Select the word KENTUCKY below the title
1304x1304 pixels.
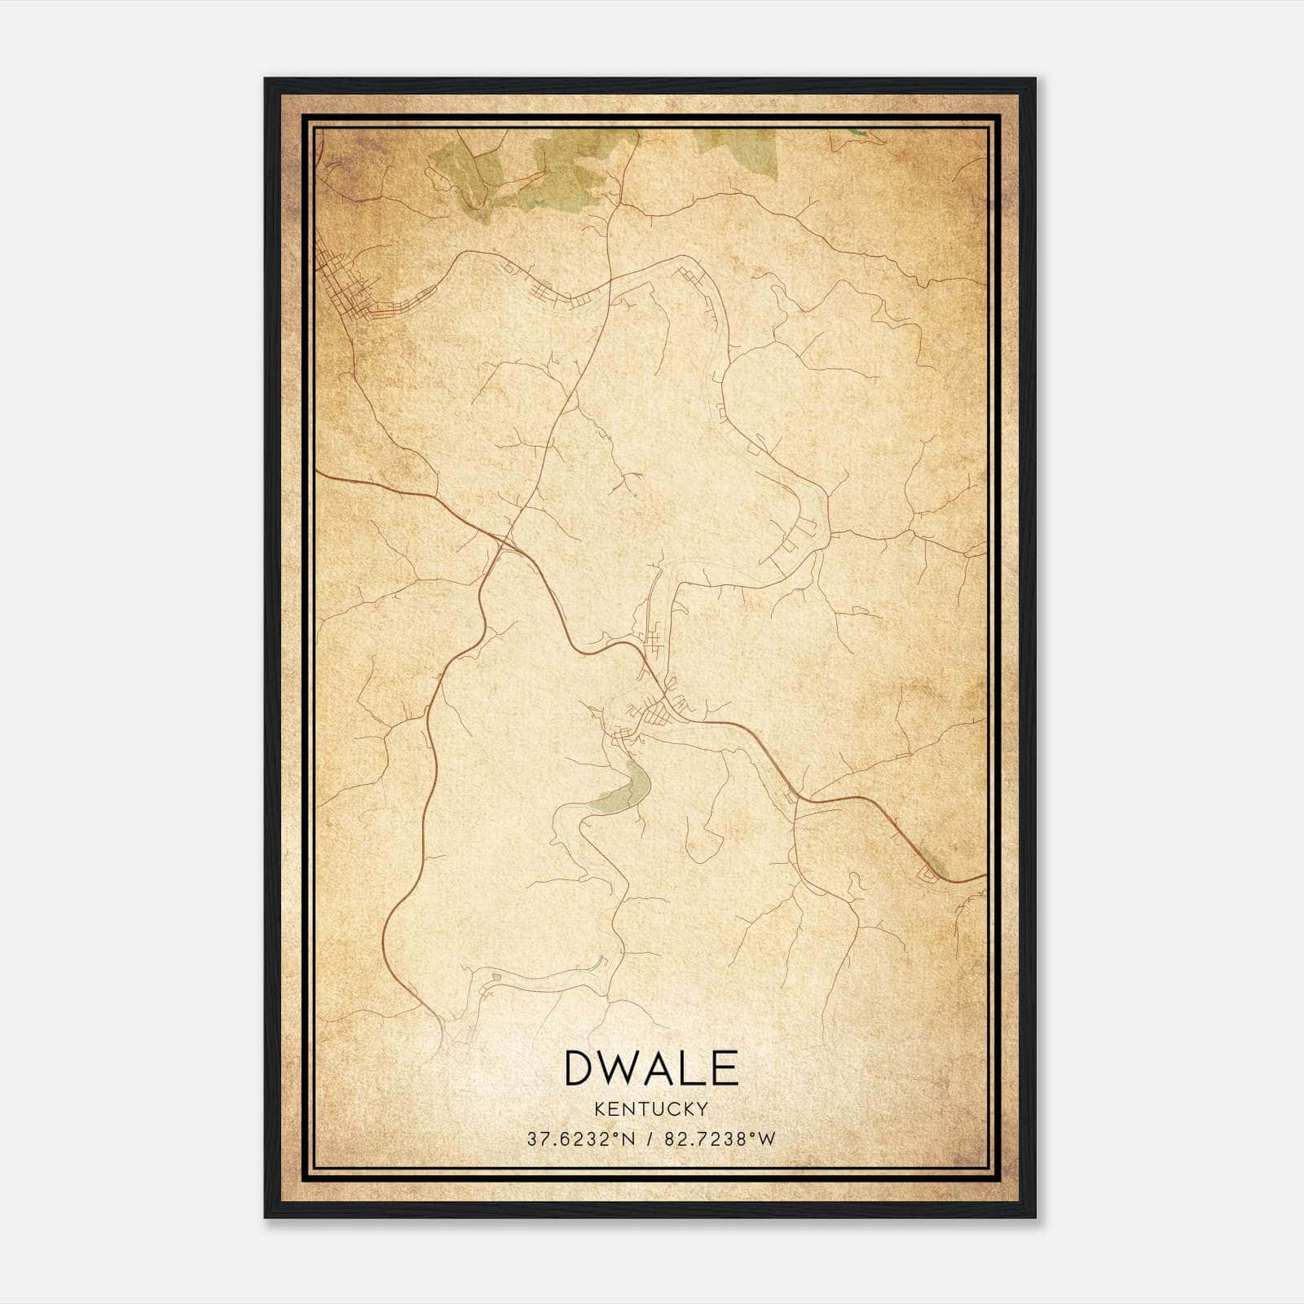click(x=650, y=1108)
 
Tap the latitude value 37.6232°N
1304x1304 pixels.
click(x=580, y=1139)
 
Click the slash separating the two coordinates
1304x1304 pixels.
click(x=648, y=1139)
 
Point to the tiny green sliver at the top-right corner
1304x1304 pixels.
click(x=856, y=130)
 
